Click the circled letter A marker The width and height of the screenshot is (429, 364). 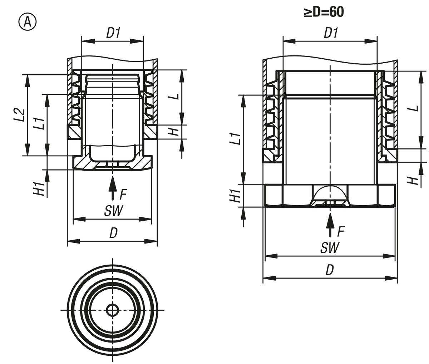(x=27, y=22)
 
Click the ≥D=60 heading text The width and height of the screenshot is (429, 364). (x=324, y=12)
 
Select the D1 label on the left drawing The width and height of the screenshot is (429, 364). (x=113, y=33)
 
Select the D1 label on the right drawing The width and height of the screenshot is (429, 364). (x=331, y=33)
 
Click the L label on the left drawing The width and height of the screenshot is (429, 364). (x=173, y=97)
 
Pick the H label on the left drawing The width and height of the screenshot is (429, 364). (x=174, y=132)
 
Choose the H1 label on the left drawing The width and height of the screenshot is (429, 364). (x=40, y=188)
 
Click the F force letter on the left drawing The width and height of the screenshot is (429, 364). (x=123, y=195)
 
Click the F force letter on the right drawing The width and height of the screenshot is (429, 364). (x=341, y=232)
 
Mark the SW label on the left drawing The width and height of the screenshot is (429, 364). (x=113, y=211)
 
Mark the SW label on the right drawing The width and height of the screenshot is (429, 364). (x=329, y=247)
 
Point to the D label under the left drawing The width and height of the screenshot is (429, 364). (x=113, y=233)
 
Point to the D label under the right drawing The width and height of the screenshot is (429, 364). (x=329, y=270)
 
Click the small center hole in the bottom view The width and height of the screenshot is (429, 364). (x=112, y=310)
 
